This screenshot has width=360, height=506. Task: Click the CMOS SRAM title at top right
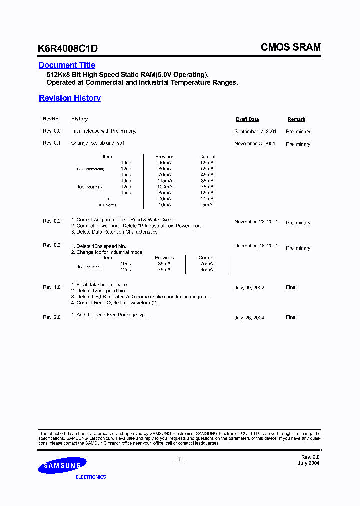(291, 47)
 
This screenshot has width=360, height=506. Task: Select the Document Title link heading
(67, 65)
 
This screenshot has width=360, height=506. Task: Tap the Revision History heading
(70, 98)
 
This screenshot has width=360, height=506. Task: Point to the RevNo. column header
(51, 119)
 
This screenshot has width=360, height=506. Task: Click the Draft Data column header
(247, 119)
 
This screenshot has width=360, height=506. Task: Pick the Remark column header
(296, 119)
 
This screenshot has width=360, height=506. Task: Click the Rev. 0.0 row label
(51, 131)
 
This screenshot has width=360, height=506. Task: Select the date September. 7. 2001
(255, 131)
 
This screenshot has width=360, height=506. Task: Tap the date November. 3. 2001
(255, 143)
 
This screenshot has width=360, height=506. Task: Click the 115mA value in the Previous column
(165, 181)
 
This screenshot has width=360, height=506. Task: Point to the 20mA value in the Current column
(207, 199)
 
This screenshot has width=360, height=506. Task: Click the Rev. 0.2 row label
(51, 221)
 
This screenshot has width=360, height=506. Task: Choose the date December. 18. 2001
(256, 246)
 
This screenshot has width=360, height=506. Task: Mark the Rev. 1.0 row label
(51, 287)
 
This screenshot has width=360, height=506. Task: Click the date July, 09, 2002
(249, 288)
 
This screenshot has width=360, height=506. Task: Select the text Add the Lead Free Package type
(112, 315)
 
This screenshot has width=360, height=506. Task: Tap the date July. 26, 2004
(249, 318)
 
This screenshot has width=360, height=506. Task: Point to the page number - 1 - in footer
(180, 460)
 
